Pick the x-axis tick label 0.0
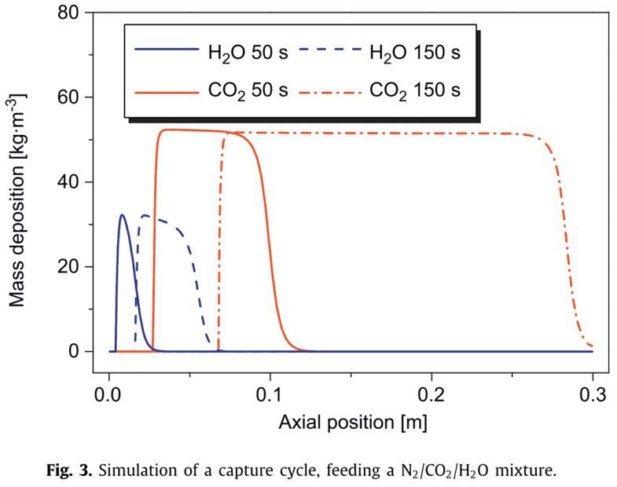pyautogui.click(x=108, y=391)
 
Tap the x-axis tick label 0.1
pyautogui.click(x=270, y=391)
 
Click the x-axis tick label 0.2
pyautogui.click(x=432, y=391)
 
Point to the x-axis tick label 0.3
pyautogui.click(x=593, y=391)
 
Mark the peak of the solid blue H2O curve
pyautogui.click(x=122, y=214)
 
